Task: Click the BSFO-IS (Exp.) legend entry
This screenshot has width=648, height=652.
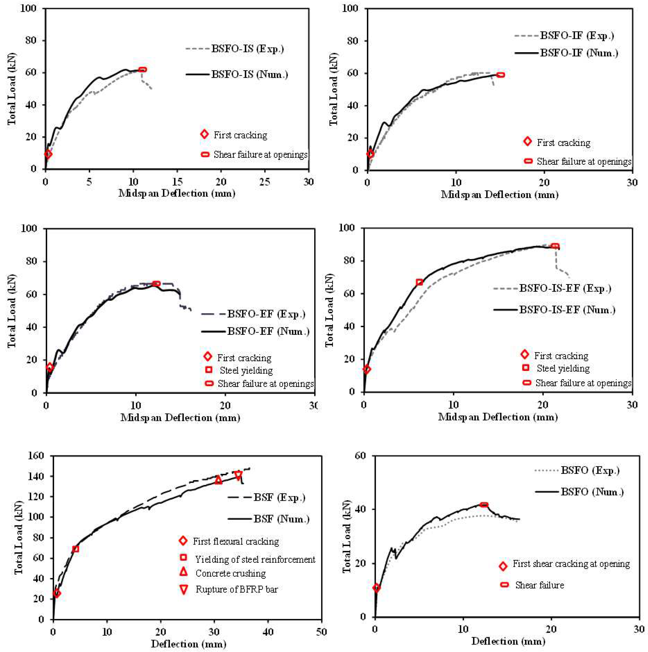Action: [247, 49]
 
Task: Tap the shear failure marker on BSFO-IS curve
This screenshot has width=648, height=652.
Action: [143, 70]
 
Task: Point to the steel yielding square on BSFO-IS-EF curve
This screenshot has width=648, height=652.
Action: [419, 282]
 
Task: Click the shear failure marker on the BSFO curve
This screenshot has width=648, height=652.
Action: [484, 505]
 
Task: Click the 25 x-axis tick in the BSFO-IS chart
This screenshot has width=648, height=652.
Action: [265, 182]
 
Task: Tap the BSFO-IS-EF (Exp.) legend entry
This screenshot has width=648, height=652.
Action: [565, 289]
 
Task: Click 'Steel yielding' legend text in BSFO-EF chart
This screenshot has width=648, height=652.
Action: [246, 371]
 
